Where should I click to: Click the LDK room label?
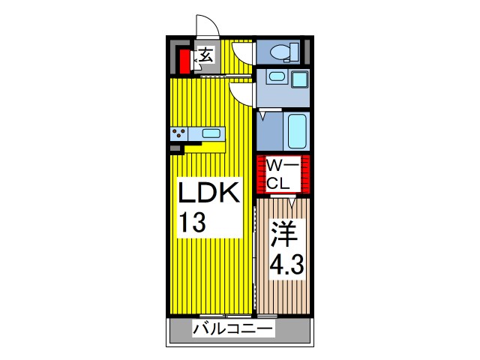pyautogui.click(x=209, y=193)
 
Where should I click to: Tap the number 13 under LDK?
pyautogui.click(x=193, y=223)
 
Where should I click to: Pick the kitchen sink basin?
pyautogui.click(x=211, y=134)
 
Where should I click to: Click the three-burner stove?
pyautogui.click(x=179, y=134)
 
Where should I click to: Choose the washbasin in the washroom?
pyautogui.click(x=274, y=76)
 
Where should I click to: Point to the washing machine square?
pyautogui.click(x=301, y=79)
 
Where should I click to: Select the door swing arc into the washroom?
pyautogui.click(x=241, y=91)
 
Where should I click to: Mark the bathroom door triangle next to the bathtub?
pyautogui.click(x=263, y=117)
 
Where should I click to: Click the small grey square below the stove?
pyautogui.click(x=175, y=148)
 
